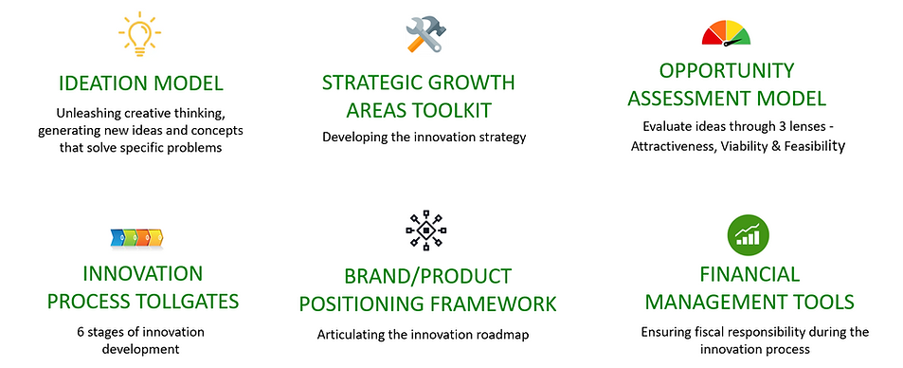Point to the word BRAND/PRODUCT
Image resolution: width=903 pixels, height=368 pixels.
click(427, 277)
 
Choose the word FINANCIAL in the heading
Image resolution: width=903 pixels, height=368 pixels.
click(749, 275)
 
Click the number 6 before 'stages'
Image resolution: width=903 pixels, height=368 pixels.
click(81, 332)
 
